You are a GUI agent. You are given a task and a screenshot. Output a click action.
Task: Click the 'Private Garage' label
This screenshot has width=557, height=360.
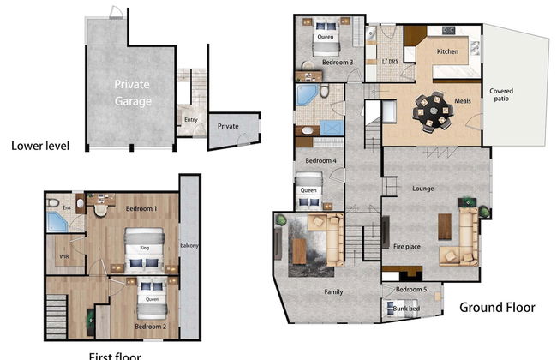(133, 93)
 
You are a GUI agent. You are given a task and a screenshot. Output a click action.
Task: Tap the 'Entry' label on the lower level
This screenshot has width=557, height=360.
(190, 120)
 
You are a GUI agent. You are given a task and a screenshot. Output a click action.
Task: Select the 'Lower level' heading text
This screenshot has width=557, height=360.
(40, 145)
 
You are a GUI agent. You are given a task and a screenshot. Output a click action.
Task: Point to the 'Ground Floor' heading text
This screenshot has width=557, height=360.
(497, 307)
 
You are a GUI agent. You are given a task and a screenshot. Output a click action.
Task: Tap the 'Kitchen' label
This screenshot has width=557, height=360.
(448, 52)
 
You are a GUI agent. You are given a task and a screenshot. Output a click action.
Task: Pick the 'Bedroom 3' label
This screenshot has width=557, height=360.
(314, 63)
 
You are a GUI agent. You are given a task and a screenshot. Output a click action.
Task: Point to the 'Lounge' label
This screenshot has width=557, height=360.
(422, 189)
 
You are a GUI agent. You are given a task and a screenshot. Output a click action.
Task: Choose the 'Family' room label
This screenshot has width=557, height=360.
(333, 292)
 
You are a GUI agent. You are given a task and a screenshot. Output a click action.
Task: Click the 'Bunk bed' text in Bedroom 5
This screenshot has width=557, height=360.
(406, 308)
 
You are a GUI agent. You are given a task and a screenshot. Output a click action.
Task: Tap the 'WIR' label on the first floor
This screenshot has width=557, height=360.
(63, 255)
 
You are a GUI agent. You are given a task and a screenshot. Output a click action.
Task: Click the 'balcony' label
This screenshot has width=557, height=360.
(189, 247)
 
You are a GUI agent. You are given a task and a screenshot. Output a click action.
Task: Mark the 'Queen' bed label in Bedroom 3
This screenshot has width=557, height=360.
(326, 37)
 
